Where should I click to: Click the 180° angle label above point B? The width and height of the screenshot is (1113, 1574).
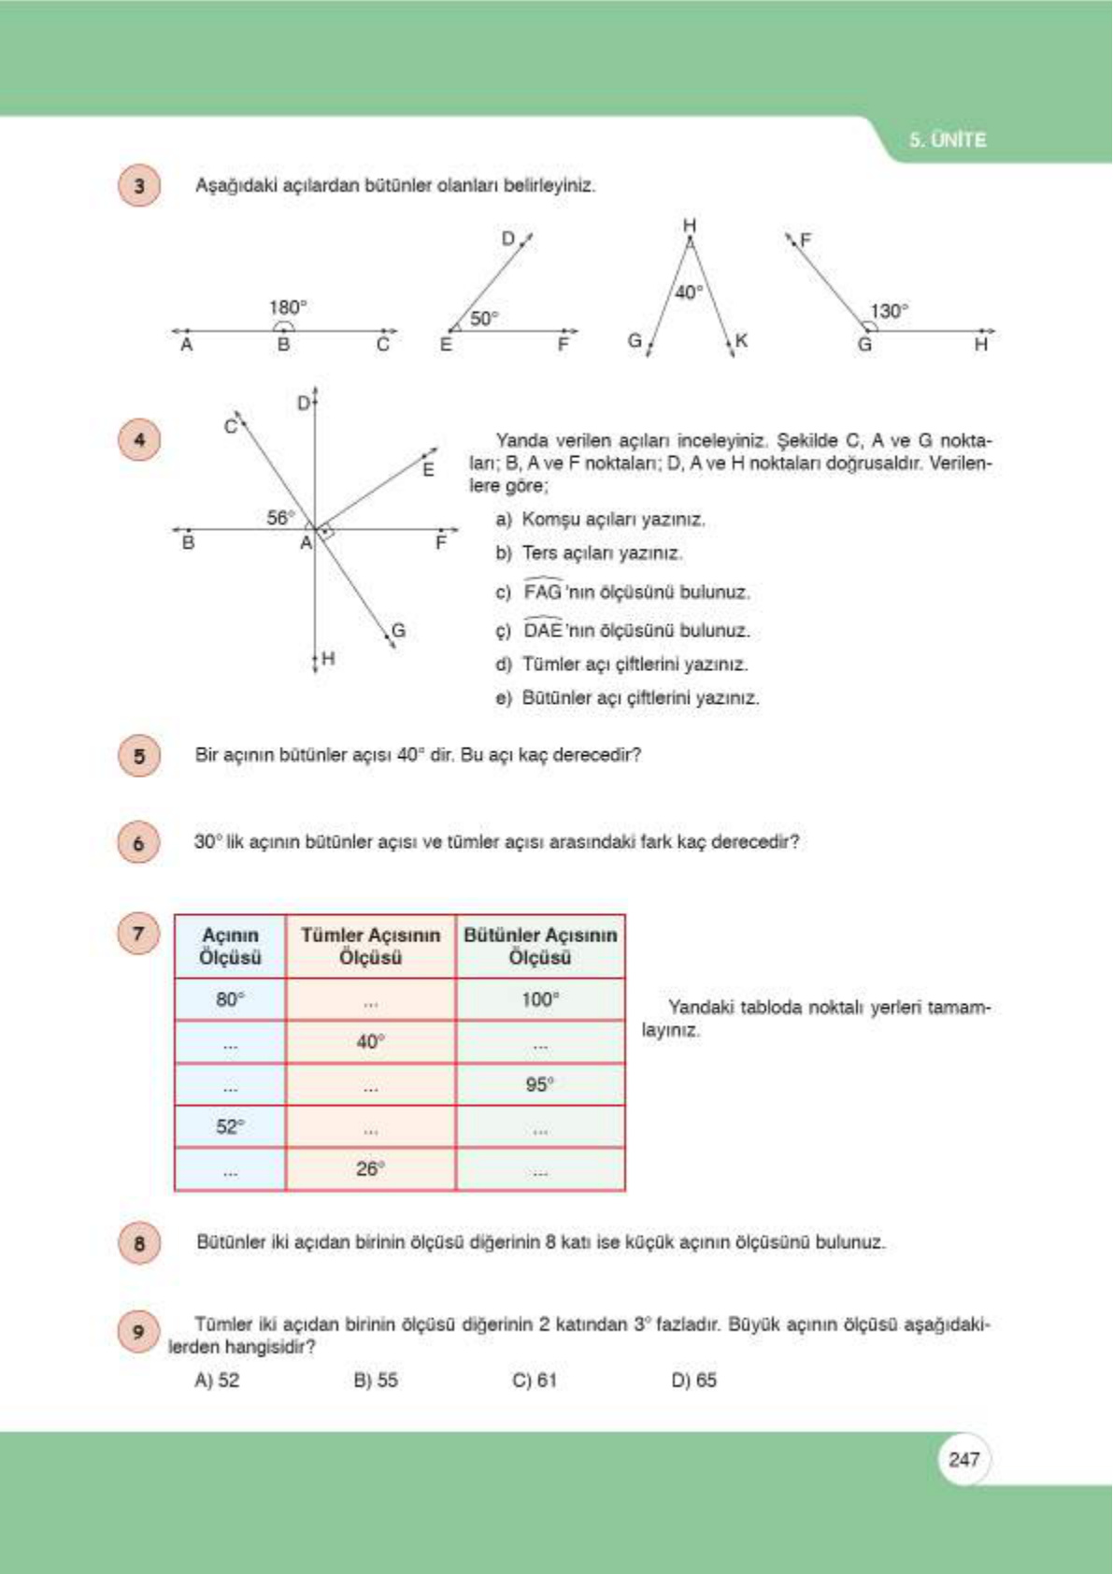pyautogui.click(x=288, y=307)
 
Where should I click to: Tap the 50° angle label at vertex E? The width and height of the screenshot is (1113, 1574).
pyautogui.click(x=483, y=319)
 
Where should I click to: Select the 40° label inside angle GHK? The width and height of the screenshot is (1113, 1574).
pyautogui.click(x=689, y=293)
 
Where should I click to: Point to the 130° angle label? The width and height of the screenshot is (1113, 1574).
pyautogui.click(x=889, y=311)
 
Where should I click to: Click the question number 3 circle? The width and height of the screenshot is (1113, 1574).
pyautogui.click(x=139, y=185)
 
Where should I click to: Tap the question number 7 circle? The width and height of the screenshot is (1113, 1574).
pyautogui.click(x=139, y=933)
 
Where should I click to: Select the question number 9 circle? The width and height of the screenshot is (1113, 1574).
pyautogui.click(x=139, y=1331)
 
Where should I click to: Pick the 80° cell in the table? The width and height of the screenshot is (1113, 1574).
pyautogui.click(x=230, y=999)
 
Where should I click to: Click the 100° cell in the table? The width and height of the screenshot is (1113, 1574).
pyautogui.click(x=540, y=999)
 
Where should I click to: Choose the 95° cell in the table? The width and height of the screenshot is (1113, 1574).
pyautogui.click(x=540, y=1084)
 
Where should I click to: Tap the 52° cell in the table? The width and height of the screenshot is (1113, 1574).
pyautogui.click(x=230, y=1126)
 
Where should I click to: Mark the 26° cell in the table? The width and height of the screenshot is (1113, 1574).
pyautogui.click(x=370, y=1168)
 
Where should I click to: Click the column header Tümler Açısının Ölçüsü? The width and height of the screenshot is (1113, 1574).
pyautogui.click(x=370, y=946)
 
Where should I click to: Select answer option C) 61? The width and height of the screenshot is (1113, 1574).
pyautogui.click(x=535, y=1380)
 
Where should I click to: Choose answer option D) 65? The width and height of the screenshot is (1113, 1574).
pyautogui.click(x=693, y=1380)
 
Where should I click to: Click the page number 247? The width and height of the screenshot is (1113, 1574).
pyautogui.click(x=963, y=1459)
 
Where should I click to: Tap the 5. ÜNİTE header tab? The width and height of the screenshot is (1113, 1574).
pyautogui.click(x=948, y=140)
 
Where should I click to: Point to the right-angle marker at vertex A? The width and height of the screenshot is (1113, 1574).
pyautogui.click(x=326, y=533)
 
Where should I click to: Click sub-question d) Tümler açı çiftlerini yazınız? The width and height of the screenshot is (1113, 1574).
pyautogui.click(x=622, y=665)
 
